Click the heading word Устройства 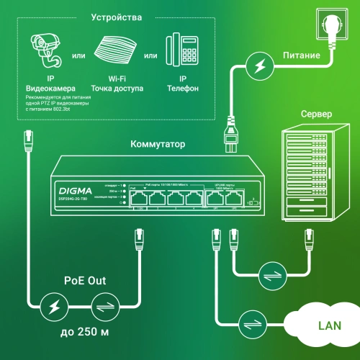click(x=117, y=17)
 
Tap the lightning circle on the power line click(x=256, y=66)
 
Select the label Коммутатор click(x=157, y=144)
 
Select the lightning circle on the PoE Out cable click(x=51, y=306)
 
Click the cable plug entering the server click(x=309, y=236)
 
